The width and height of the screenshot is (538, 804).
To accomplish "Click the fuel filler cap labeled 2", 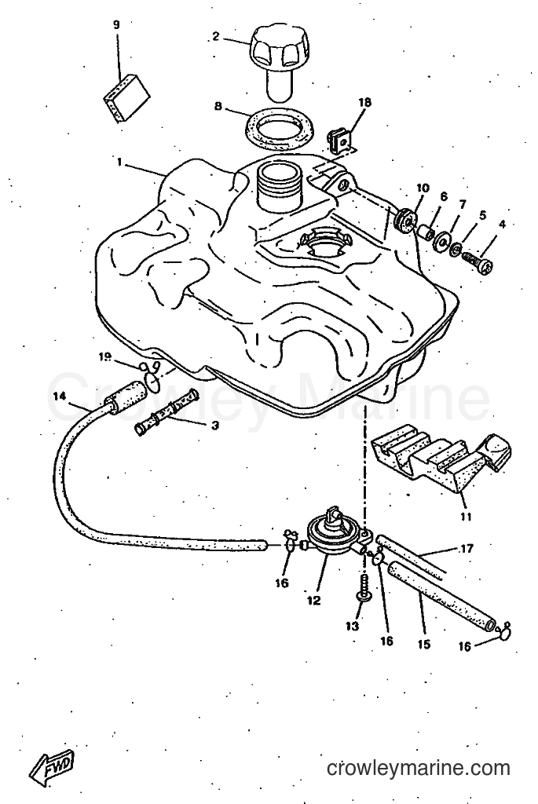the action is (x=276, y=60).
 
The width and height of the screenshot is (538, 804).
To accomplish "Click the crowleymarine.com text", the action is (x=418, y=768).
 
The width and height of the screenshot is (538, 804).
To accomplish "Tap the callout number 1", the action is (x=119, y=163).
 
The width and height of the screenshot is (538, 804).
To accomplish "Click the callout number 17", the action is (x=466, y=549).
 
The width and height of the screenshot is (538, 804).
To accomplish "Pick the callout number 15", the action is (x=423, y=644).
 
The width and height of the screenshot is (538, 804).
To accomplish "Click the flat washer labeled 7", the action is (x=441, y=241).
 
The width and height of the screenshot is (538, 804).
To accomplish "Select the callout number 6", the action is (x=444, y=196).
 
